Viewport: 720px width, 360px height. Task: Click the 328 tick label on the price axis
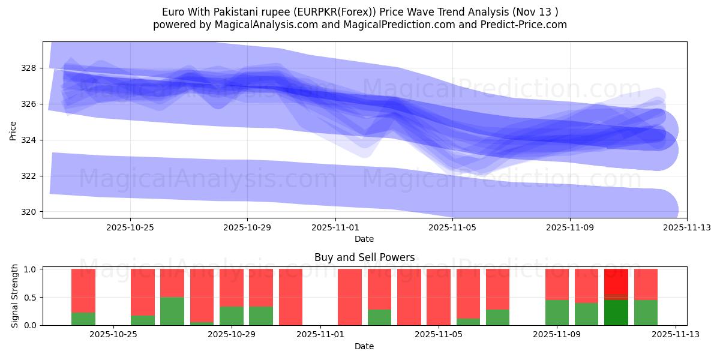pyautogui.click(x=29, y=68)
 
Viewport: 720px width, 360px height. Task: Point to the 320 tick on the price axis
pyautogui.click(x=29, y=212)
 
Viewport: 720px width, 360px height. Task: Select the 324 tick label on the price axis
pyautogui.click(x=29, y=140)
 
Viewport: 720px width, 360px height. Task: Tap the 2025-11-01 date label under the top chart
pyautogui.click(x=335, y=228)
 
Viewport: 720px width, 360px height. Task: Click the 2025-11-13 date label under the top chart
pyautogui.click(x=686, y=228)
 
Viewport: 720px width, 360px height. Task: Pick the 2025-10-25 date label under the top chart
pyautogui.click(x=130, y=228)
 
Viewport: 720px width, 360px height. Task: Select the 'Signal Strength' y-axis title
pyautogui.click(x=16, y=296)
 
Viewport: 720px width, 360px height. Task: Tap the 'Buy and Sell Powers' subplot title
pyautogui.click(x=364, y=257)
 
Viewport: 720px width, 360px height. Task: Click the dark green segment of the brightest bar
pyautogui.click(x=616, y=312)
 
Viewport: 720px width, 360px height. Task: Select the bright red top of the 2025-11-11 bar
pyautogui.click(x=616, y=281)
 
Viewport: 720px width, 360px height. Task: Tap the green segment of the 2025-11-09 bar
pyautogui.click(x=557, y=313)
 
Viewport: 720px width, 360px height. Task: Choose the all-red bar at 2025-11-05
pyautogui.click(x=439, y=297)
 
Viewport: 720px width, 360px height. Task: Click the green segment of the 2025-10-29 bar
pyautogui.click(x=232, y=316)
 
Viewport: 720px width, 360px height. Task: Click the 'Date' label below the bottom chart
pyautogui.click(x=364, y=346)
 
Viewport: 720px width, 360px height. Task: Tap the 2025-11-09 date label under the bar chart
pyautogui.click(x=557, y=335)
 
